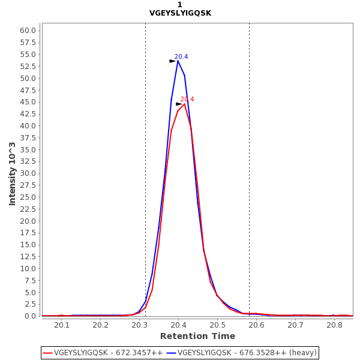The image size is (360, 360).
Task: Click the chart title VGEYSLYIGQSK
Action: (180, 13)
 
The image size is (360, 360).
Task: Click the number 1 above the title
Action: (180, 5)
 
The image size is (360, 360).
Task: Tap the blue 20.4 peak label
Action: (181, 57)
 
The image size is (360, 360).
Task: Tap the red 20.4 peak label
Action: (187, 100)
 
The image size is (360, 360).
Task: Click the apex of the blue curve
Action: (178, 61)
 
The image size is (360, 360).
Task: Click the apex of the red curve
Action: (184, 104)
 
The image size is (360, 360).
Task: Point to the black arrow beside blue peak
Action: (172, 61)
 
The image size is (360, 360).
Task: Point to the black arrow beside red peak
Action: (179, 104)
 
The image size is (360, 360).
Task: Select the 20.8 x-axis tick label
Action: (334, 325)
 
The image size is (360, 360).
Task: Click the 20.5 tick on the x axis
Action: (218, 325)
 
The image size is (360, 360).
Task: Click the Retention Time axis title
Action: (197, 336)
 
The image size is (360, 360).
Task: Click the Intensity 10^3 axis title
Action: (13, 173)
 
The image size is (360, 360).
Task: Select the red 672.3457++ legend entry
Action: (103, 353)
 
